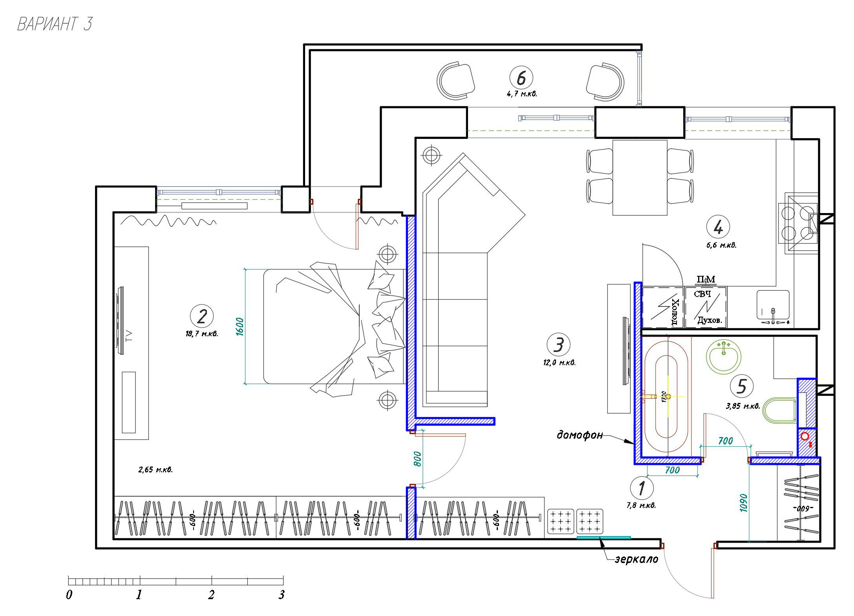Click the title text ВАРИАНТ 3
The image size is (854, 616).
click(x=55, y=24)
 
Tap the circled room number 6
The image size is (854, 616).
click(x=521, y=78)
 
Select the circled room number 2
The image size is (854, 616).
click(x=202, y=316)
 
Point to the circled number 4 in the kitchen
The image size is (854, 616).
click(x=718, y=227)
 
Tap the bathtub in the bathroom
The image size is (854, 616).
click(x=666, y=396)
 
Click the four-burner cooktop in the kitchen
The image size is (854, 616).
click(x=798, y=223)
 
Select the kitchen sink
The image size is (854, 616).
click(x=773, y=305)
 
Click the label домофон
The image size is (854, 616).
click(x=580, y=435)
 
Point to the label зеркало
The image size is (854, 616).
click(x=636, y=559)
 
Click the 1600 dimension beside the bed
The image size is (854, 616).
click(x=240, y=326)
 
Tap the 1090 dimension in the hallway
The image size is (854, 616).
click(x=743, y=503)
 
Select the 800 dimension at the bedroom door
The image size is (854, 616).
click(x=417, y=459)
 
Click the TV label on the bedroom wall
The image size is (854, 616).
click(x=129, y=336)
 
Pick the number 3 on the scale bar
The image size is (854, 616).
click(x=282, y=595)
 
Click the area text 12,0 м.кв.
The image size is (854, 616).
click(x=560, y=363)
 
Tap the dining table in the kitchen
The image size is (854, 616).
click(x=640, y=178)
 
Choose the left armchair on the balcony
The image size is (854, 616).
click(x=456, y=81)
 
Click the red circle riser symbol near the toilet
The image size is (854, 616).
click(x=805, y=436)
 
